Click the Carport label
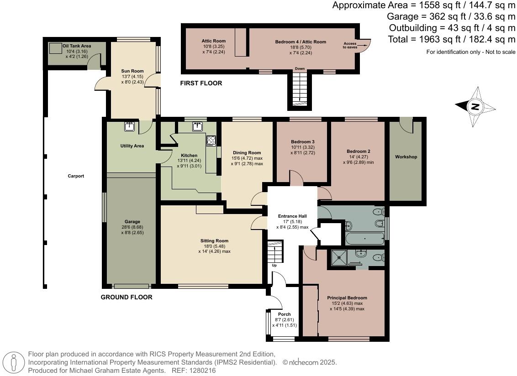76,176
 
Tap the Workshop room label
406,157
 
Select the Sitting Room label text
214,241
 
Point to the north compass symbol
475,107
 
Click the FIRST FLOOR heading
201,84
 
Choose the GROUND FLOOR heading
127,298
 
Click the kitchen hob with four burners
211,141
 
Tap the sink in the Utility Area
129,126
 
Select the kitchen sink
198,126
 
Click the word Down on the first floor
300,69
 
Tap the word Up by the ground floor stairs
274,266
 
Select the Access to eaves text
351,45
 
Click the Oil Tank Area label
77,46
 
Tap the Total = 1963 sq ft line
451,39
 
